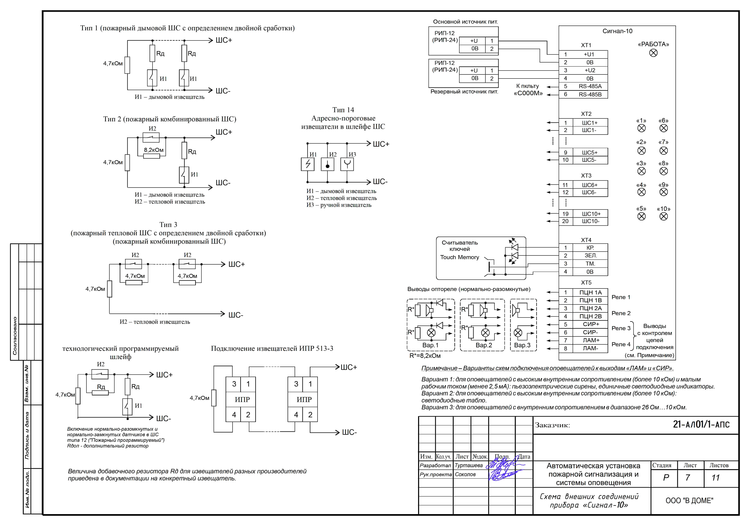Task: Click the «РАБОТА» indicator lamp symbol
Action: (x=653, y=53)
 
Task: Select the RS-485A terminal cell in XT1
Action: (x=590, y=86)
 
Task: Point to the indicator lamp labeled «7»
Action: (x=664, y=151)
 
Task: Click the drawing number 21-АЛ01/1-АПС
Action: (x=701, y=424)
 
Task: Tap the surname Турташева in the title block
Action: (x=469, y=465)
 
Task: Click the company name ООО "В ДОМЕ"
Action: (x=689, y=501)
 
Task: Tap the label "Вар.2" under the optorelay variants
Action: (x=483, y=345)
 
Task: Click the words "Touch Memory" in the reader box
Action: (x=460, y=257)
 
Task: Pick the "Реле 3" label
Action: (x=621, y=328)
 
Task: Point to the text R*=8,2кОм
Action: (x=425, y=356)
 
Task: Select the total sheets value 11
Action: (x=715, y=478)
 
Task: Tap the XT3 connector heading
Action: (x=586, y=176)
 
